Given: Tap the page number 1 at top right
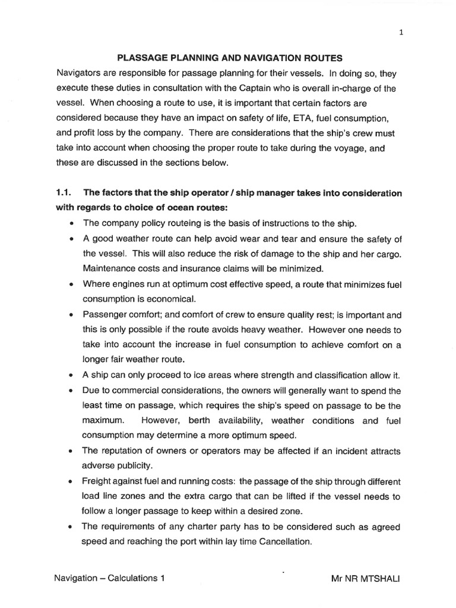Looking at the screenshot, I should click(x=401, y=33).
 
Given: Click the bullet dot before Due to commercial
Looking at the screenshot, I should click(x=71, y=391).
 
